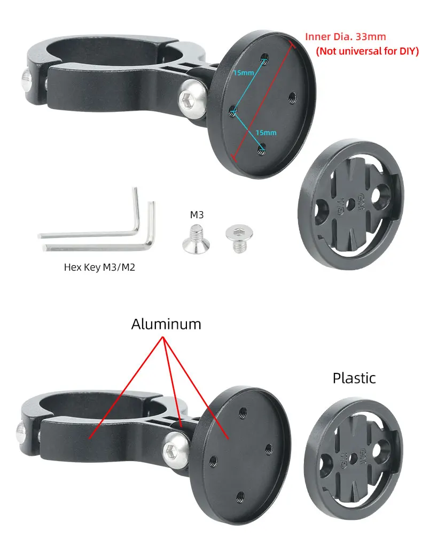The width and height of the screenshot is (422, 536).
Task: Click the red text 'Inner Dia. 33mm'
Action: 345,37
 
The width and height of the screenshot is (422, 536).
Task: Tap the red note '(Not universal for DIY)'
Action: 367,51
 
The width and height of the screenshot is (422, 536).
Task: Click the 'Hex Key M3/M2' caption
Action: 99,266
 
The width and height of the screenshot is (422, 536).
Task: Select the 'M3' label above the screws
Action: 197,216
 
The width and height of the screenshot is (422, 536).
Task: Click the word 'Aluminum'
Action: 166,324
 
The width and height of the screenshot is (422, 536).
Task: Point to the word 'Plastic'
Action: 354,378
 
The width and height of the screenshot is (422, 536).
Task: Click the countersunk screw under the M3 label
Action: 196,239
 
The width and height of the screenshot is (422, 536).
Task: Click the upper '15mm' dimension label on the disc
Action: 244,73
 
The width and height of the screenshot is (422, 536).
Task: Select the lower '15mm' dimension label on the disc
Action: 265,132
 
